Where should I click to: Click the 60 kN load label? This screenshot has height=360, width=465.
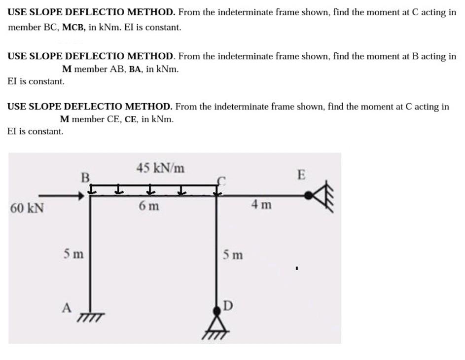point(27,208)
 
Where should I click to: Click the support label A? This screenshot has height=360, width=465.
point(67,308)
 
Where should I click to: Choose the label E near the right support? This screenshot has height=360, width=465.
point(302,174)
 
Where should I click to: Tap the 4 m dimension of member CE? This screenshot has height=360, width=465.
point(261,204)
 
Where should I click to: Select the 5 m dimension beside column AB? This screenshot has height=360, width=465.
point(73,255)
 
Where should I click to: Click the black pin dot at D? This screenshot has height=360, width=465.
point(216,311)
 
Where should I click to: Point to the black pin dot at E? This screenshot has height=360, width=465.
point(308,196)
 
